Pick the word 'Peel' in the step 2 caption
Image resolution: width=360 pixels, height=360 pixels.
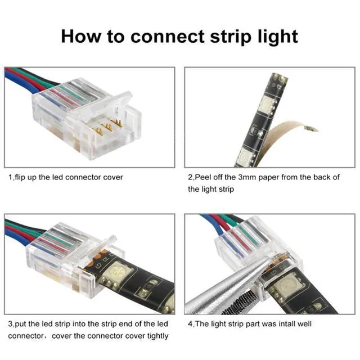pyautogui.click(x=204, y=177)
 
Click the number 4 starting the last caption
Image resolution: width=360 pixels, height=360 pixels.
pyautogui.click(x=190, y=324)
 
